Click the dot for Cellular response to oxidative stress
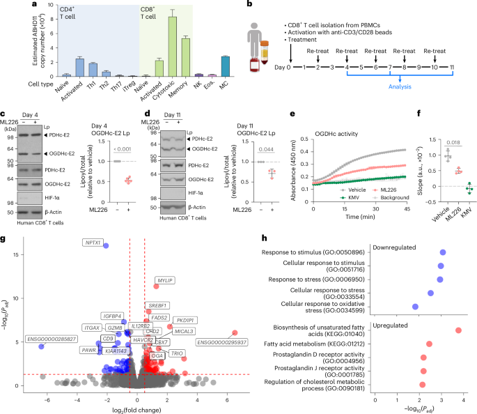tap(415, 306)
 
